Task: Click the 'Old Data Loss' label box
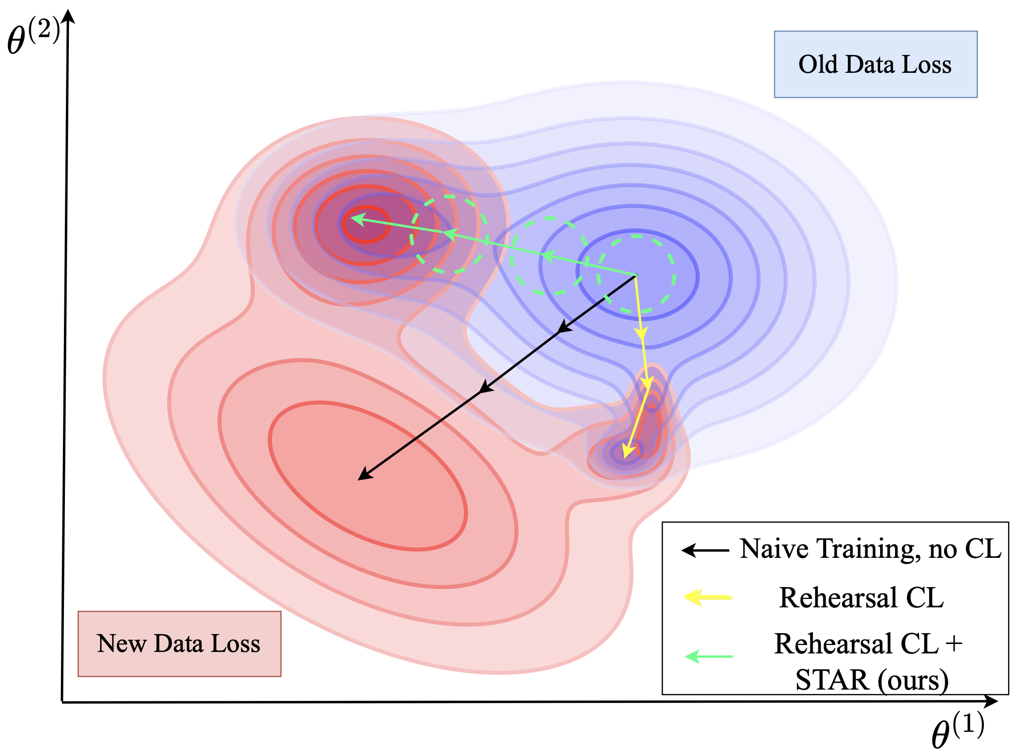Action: point(875,64)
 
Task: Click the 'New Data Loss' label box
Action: point(179,644)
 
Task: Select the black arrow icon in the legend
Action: point(705,550)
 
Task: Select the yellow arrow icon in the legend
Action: point(708,597)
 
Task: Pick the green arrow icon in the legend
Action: point(709,656)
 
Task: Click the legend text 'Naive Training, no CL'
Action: point(871,549)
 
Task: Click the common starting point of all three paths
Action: point(636,275)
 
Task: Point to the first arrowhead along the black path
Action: point(564,326)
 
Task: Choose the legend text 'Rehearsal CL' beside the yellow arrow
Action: point(861,597)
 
